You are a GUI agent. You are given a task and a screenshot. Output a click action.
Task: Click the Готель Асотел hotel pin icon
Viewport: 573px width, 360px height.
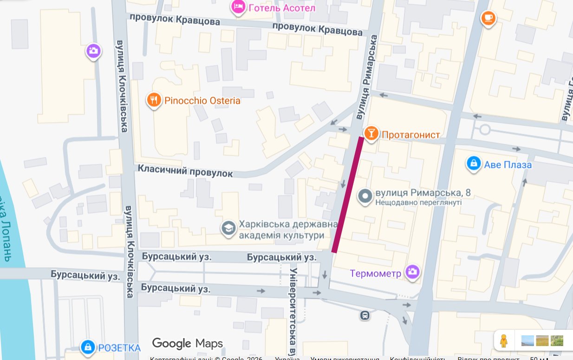[x=238, y=7]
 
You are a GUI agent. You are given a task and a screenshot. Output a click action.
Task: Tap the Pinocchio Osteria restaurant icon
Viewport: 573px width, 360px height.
[x=154, y=100]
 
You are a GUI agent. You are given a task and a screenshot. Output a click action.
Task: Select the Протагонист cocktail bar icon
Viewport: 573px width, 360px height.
[x=371, y=134]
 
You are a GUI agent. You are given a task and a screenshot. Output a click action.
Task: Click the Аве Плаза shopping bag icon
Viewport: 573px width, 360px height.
[x=473, y=164]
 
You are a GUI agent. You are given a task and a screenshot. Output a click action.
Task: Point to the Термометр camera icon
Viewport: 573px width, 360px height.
[x=412, y=272]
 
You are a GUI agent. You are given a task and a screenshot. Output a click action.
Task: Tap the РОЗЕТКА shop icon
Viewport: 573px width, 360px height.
[x=87, y=347]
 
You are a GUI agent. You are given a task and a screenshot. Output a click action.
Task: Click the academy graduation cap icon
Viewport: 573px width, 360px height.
[x=228, y=229]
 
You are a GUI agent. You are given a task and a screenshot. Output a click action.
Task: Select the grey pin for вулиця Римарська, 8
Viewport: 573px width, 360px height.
[x=365, y=196]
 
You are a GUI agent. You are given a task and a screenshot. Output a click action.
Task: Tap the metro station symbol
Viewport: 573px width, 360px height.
[x=365, y=315]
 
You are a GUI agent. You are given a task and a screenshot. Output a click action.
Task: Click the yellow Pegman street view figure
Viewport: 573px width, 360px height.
[x=503, y=340]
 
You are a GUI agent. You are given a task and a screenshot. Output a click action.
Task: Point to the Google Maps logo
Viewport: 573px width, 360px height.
[x=188, y=343]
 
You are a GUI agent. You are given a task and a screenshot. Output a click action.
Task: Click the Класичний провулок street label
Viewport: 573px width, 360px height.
[x=185, y=170]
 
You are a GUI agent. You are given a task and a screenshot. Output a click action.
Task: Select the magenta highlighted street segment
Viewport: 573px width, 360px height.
[x=347, y=195]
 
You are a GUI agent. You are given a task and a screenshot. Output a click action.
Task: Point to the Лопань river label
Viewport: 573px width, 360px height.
[x=6, y=232]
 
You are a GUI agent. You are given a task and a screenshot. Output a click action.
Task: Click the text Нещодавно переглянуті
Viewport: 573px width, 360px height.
[x=418, y=203]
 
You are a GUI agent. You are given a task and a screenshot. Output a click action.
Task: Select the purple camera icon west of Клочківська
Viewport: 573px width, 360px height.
[x=93, y=51]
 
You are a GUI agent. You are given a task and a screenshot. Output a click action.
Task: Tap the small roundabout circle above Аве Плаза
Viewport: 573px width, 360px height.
[x=485, y=129]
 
